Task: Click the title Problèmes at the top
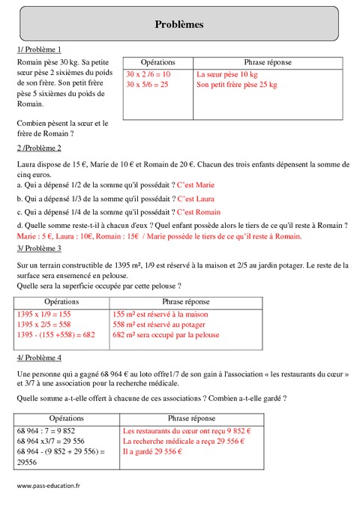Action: coord(179,24)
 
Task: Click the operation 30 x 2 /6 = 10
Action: coord(148,75)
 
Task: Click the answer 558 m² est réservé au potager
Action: coord(165,325)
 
